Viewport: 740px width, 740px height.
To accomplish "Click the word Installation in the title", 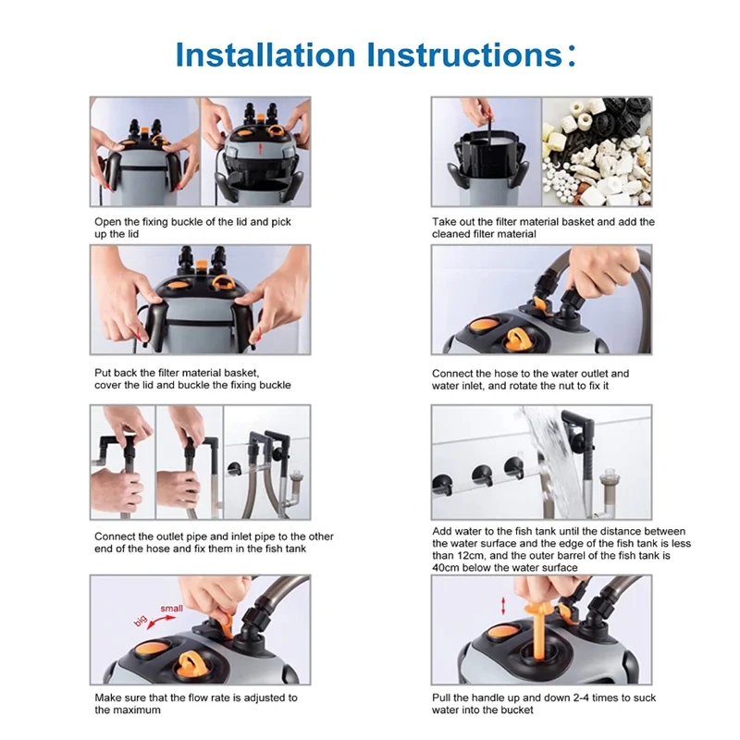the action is pos(265,55).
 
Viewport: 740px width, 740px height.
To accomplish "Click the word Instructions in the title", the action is pos(464,55).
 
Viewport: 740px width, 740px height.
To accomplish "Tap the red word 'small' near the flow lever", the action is pos(171,609).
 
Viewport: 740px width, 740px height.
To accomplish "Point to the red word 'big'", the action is pos(141,621).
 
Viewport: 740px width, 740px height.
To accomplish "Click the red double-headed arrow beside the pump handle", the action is pos(503,606).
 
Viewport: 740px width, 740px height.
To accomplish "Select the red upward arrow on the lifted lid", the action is pos(259,149).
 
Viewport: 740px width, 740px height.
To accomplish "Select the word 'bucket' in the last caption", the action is pos(517,709).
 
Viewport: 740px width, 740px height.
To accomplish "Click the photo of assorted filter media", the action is pos(597,152).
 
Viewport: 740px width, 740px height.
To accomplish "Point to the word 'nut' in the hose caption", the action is pos(566,386).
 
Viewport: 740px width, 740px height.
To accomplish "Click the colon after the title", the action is pos(572,55).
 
